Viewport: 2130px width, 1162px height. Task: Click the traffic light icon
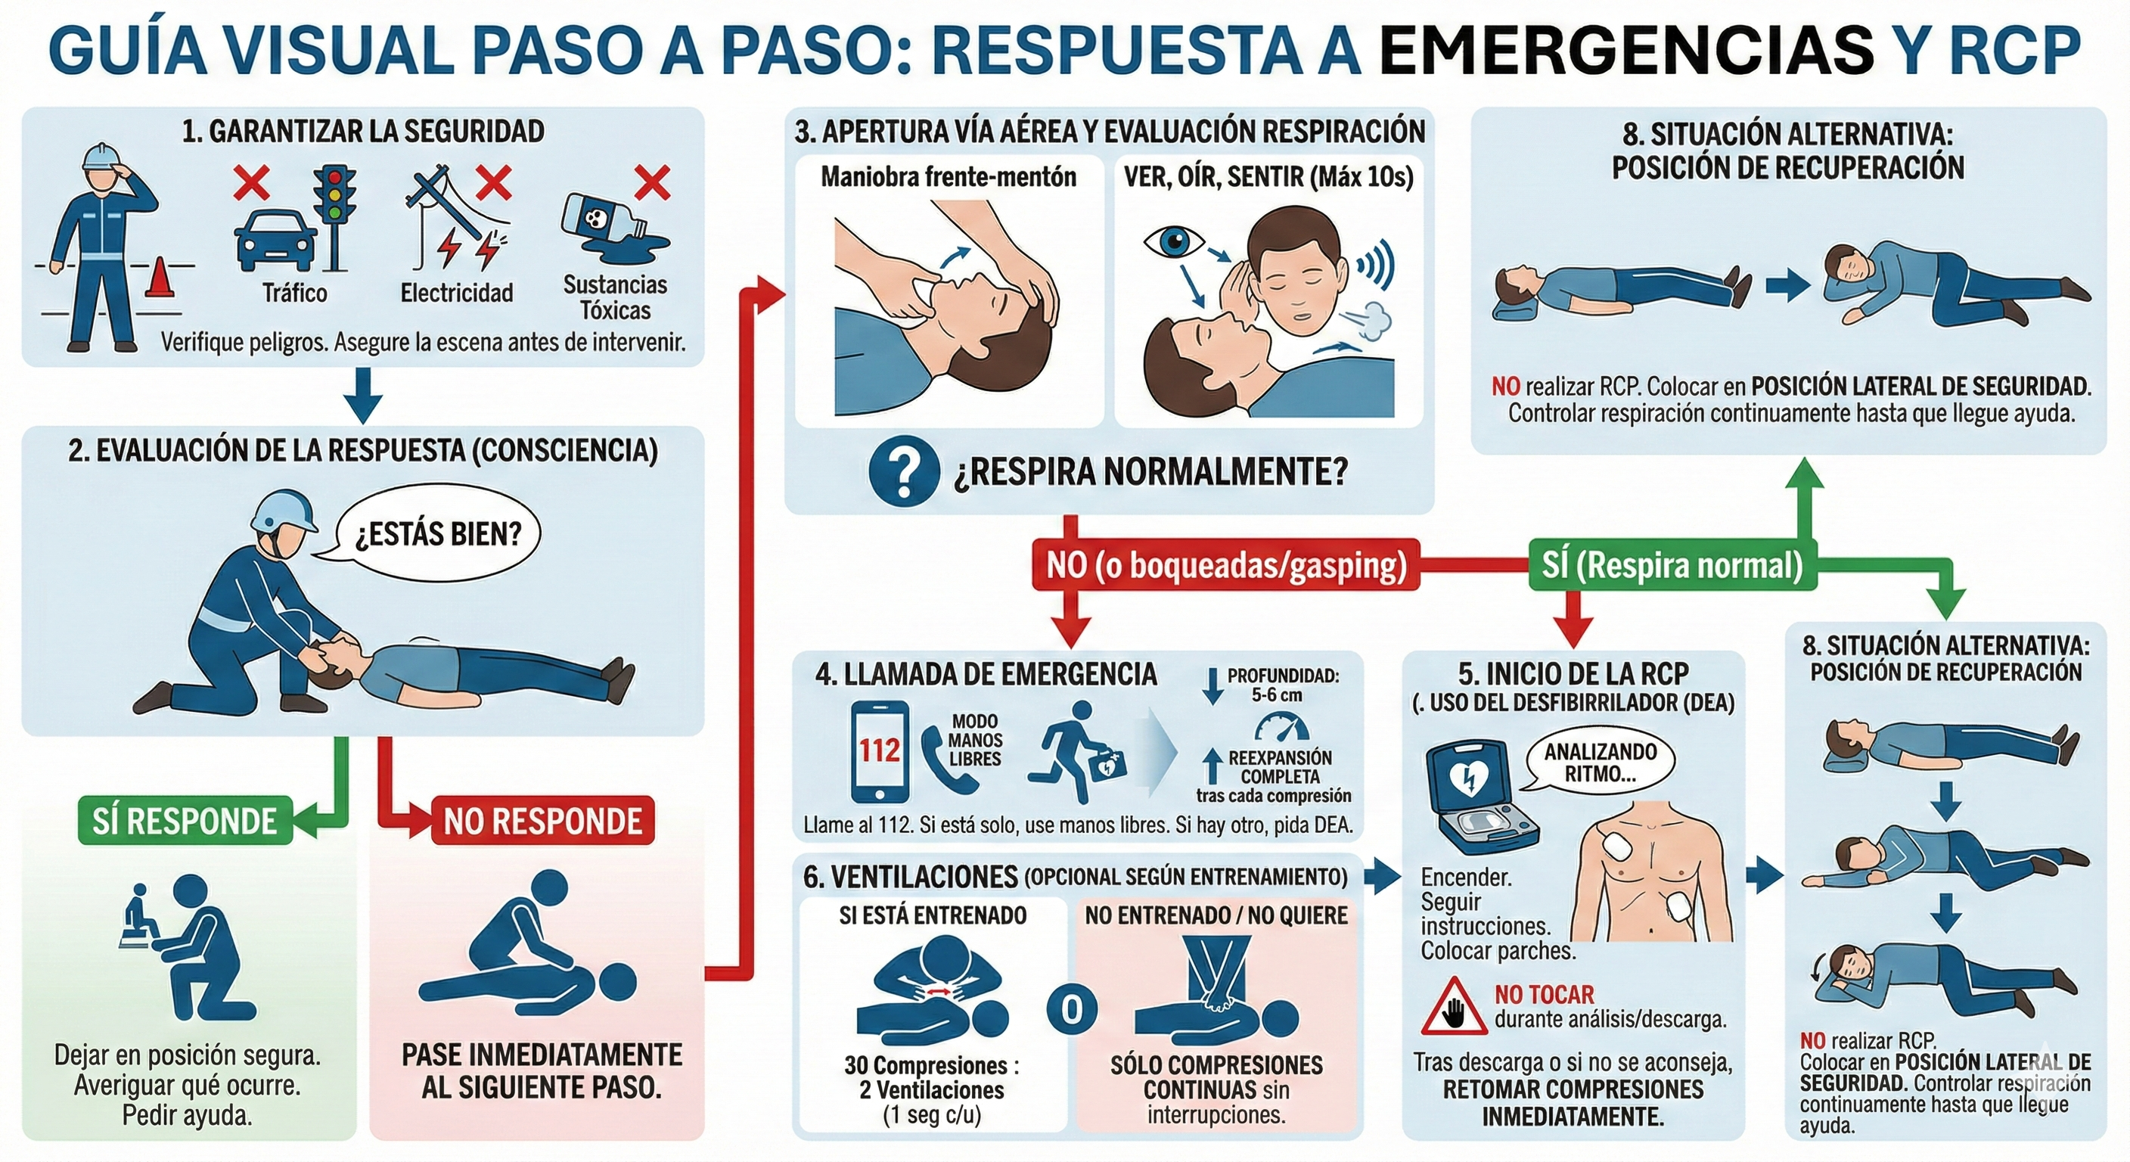click(x=335, y=216)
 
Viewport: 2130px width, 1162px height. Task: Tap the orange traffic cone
click(x=160, y=277)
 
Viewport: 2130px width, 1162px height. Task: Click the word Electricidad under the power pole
click(x=456, y=293)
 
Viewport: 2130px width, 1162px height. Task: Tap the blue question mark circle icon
click(x=905, y=471)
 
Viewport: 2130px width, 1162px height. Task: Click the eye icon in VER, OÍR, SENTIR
click(x=1173, y=243)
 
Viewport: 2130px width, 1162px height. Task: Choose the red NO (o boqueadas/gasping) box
click(x=1226, y=565)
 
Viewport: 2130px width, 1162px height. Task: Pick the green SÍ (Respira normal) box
click(x=1672, y=565)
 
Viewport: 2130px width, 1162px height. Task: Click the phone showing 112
click(x=880, y=752)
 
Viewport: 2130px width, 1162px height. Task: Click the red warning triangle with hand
click(x=1455, y=1006)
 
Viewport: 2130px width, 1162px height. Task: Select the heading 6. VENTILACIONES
click(x=911, y=877)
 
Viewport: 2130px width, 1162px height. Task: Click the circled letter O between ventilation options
click(x=1072, y=1008)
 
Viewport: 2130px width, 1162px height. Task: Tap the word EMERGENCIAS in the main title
click(x=1627, y=50)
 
